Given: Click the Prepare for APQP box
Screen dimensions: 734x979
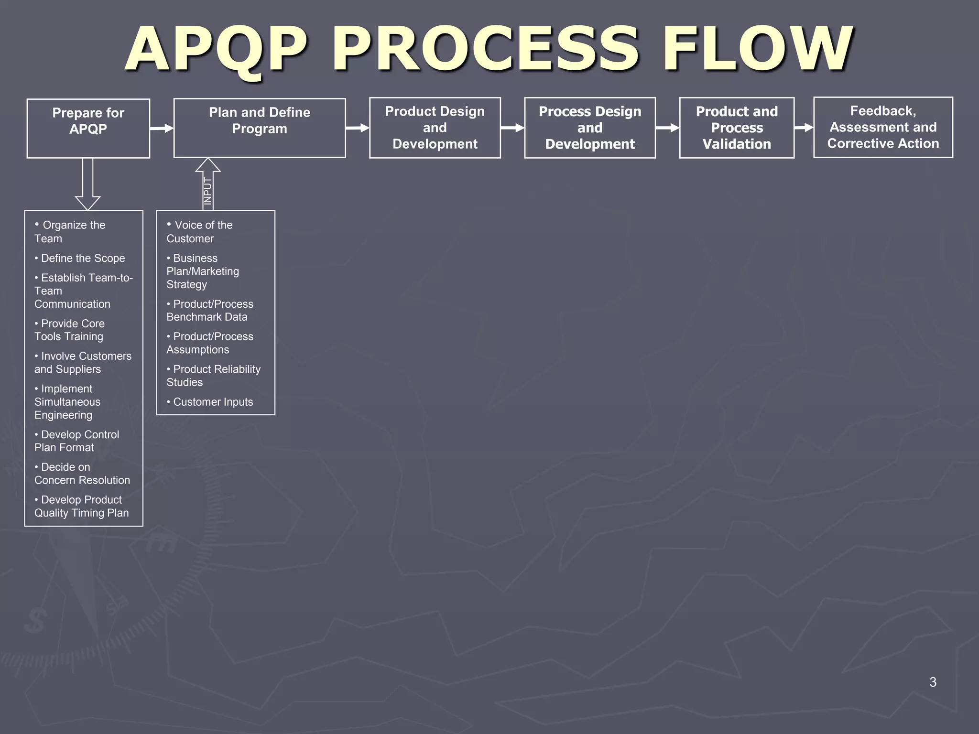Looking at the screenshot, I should click(x=88, y=128).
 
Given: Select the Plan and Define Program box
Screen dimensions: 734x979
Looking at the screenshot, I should click(x=260, y=128).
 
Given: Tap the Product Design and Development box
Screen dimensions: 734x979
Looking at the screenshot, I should click(x=435, y=128).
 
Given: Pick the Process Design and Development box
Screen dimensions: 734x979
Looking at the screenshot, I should click(x=590, y=128).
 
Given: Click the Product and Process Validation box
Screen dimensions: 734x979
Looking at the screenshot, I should click(x=737, y=128).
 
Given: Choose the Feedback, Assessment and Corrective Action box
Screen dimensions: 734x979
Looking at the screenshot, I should click(x=883, y=127).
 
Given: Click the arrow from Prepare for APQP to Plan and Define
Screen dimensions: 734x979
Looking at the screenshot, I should click(x=162, y=128).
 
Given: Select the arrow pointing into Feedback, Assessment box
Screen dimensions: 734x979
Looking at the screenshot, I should click(x=804, y=128).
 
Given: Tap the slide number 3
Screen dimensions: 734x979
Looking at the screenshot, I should click(x=933, y=682).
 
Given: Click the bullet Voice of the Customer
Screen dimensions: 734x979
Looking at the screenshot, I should click(x=201, y=231).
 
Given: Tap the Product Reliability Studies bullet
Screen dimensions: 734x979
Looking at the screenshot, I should click(x=213, y=376).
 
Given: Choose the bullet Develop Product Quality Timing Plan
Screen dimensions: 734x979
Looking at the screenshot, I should click(x=81, y=506).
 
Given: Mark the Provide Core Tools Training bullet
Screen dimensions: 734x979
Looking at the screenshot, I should click(x=70, y=330).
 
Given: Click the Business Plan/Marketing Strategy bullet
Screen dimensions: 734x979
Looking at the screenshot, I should click(x=203, y=271).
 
